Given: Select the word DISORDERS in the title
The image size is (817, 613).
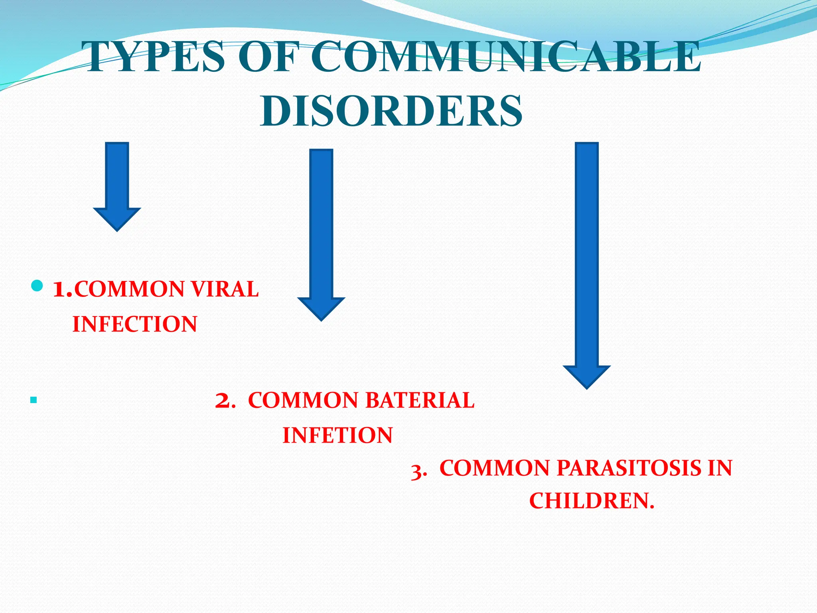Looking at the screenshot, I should tap(391, 111).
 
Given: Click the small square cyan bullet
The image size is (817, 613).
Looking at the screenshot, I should tap(34, 399).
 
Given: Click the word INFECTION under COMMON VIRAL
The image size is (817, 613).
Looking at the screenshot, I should tap(135, 324).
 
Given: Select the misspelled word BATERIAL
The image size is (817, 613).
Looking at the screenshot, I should tap(420, 400).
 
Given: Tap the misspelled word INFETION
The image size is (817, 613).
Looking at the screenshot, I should tap(337, 435).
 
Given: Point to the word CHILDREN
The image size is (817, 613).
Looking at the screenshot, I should tap(592, 501).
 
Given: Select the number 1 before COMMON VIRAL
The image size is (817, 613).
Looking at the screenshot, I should tap(61, 290).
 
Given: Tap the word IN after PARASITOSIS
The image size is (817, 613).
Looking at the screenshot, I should tap(720, 468).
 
